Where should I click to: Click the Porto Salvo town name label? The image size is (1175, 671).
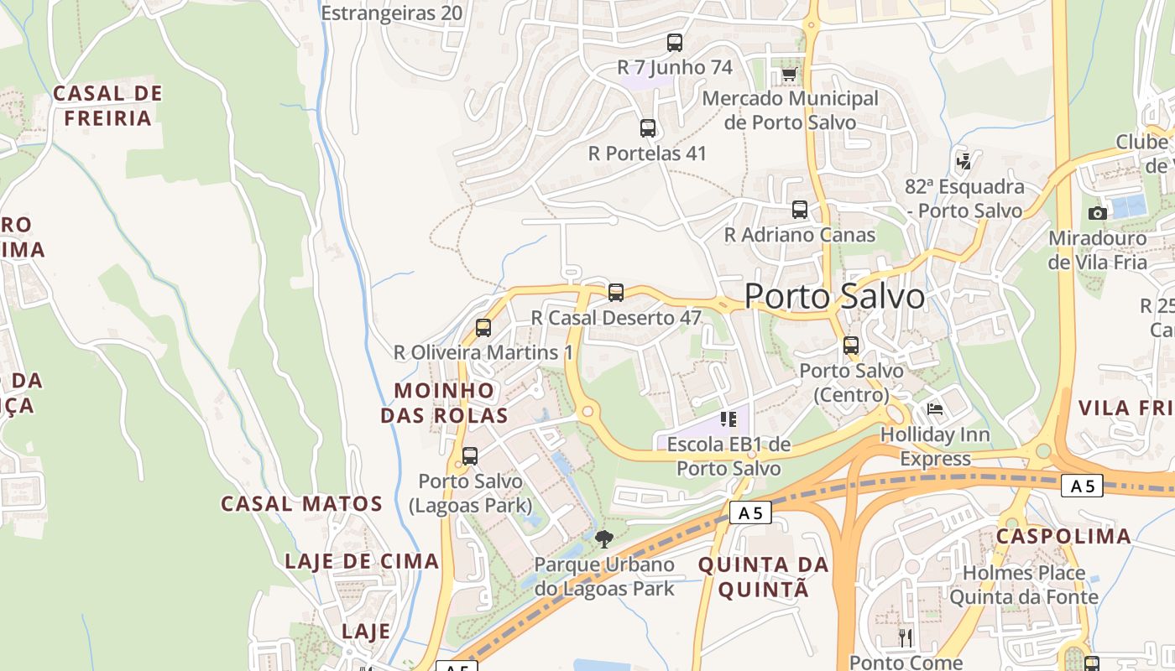point(834,296)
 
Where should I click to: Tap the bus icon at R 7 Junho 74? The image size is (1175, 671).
point(675,43)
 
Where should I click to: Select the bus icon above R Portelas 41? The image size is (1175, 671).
point(648,128)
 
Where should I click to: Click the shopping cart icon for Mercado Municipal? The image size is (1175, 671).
point(789,75)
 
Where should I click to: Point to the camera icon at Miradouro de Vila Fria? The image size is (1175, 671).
point(1097,213)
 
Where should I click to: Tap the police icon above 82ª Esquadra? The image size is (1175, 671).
point(964,160)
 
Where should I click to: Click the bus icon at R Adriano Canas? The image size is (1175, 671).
point(800,210)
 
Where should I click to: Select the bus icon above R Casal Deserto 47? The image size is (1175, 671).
point(616,293)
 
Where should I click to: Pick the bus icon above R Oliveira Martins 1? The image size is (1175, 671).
point(483,328)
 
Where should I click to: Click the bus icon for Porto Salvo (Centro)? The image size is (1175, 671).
point(851,346)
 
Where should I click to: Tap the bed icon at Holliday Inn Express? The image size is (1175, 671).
point(935,409)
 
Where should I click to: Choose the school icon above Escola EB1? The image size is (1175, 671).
point(728,419)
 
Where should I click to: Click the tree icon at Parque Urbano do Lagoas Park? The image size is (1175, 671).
point(603,539)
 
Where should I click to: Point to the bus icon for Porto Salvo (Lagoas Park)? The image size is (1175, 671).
point(470,456)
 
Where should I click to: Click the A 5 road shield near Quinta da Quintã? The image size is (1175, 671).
point(749,512)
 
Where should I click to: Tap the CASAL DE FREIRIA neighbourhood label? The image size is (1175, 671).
point(107,106)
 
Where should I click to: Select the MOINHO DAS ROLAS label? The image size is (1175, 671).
point(444,403)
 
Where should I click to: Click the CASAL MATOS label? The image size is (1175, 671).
point(301,504)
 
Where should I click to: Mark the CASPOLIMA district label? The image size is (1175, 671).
point(1063,537)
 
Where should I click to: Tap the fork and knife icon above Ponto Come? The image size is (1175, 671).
point(905,637)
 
